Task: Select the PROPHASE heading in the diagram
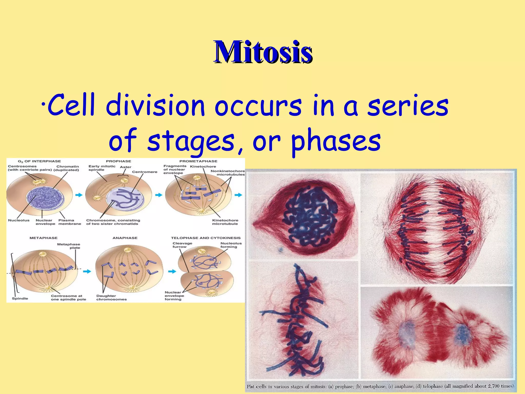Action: pos(118,161)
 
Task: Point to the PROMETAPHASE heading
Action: pos(198,161)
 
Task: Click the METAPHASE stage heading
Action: pos(43,238)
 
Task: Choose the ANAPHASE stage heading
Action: pos(125,238)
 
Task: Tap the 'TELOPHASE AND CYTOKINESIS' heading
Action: pos(206,238)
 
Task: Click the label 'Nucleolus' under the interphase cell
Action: pos(19,220)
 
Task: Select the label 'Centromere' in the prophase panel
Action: pos(145,172)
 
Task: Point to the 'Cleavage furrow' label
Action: pos(182,245)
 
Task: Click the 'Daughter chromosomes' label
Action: pos(111,298)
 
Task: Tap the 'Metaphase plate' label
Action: pos(69,246)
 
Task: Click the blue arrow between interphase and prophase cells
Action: pos(79,195)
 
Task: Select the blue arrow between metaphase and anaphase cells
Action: pos(87,271)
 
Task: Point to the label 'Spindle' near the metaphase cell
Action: pos(20,299)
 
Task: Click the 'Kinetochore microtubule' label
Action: pos(225,222)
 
